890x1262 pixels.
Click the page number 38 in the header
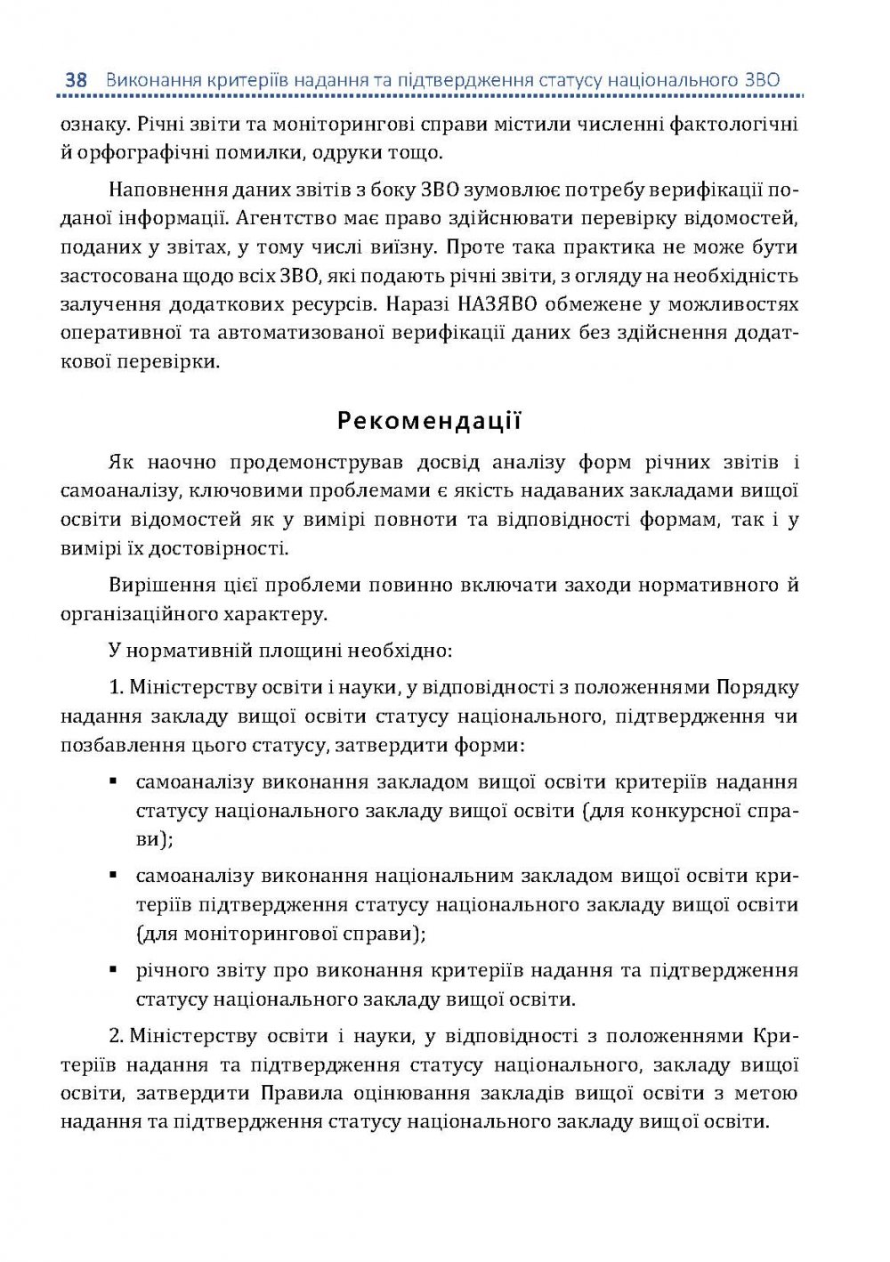(x=76, y=80)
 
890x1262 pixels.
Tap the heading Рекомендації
(x=429, y=420)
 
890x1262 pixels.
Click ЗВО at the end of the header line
(x=762, y=80)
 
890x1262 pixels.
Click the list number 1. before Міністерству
(x=116, y=687)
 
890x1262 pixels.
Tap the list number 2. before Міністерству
(x=116, y=1036)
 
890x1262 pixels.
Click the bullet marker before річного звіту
(x=114, y=969)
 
